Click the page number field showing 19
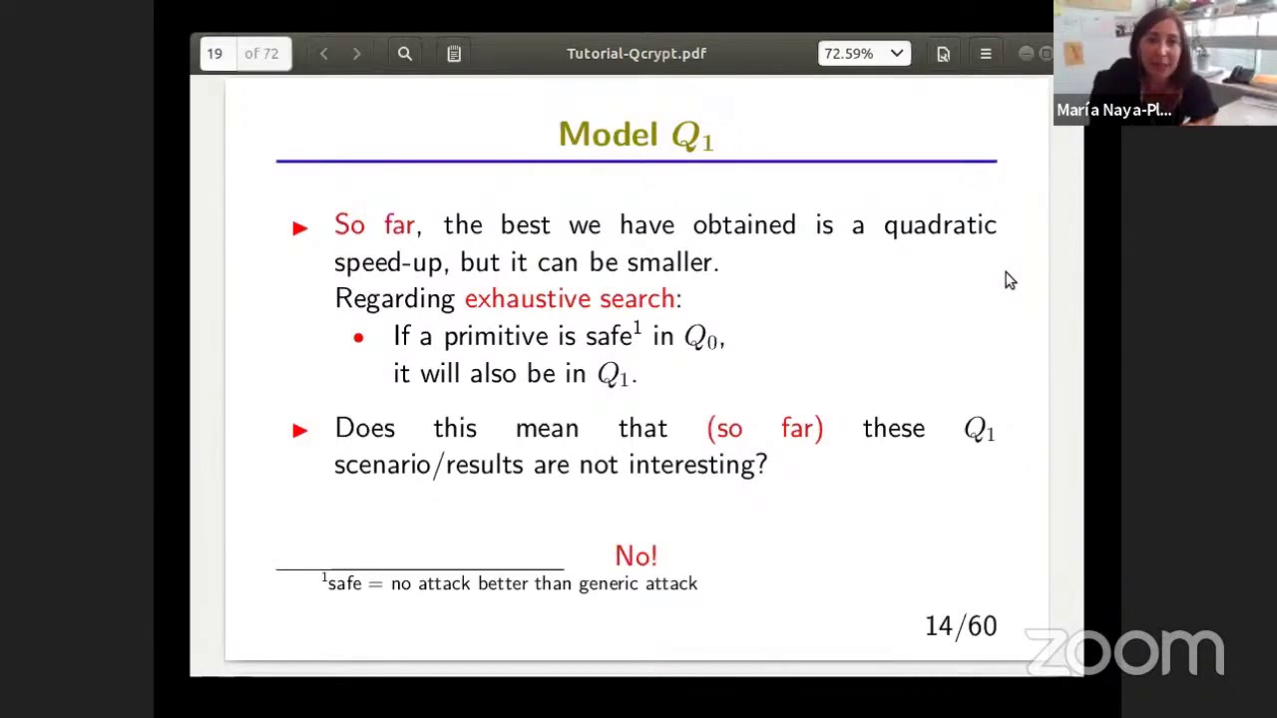215,54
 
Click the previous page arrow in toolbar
323,54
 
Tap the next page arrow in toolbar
356,54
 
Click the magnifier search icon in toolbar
404,54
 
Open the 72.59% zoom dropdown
864,54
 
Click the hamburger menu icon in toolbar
985,54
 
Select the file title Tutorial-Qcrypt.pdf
636,54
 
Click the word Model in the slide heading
608,135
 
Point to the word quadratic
939,226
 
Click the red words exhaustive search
570,299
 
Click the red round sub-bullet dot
358,338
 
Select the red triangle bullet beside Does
300,430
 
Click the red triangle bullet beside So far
300,227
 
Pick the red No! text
636,555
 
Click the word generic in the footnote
609,584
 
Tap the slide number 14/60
960,626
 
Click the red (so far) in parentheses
764,429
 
